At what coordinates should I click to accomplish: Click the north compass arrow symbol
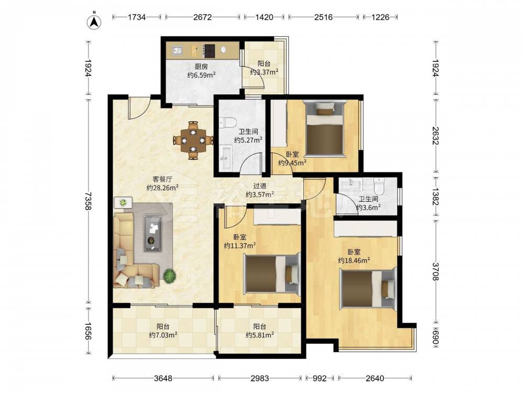pos(94,22)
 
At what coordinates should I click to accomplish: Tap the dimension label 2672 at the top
pos(202,17)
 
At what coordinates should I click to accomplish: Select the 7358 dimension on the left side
pos(88,201)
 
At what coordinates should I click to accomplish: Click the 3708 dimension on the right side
pos(435,271)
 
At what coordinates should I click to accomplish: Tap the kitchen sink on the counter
pos(177,50)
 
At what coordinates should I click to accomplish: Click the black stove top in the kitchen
pos(209,51)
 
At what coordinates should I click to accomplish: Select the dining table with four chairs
pos(193,140)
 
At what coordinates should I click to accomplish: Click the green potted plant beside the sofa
pos(170,276)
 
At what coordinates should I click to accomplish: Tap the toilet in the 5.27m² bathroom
pos(228,123)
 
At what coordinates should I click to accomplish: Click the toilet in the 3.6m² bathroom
pos(379,186)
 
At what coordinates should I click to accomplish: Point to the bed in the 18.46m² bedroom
pos(368,289)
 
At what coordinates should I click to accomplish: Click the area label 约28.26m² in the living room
pos(162,188)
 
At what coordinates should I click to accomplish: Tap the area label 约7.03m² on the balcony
pos(163,335)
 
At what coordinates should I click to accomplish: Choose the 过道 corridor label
pos(260,186)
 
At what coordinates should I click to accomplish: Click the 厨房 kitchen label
pos(201,67)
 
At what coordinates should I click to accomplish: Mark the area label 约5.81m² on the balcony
pos(260,335)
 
